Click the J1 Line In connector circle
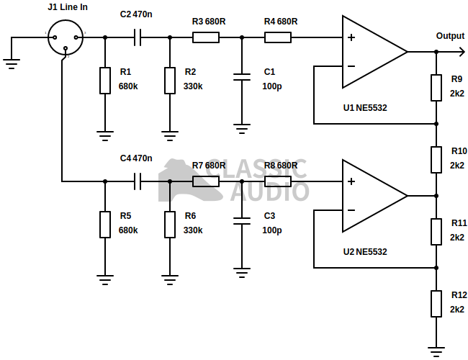(66, 36)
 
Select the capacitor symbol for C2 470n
(138, 37)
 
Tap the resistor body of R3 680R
(205, 37)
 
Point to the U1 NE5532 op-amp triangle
(371, 52)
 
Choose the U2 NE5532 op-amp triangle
(371, 196)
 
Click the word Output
(450, 36)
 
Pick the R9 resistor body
(436, 87)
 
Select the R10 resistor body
(436, 159)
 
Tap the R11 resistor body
(436, 231)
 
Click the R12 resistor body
(436, 303)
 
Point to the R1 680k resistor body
(105, 80)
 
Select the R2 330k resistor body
(170, 80)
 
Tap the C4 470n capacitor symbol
(138, 181)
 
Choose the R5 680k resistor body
(105, 224)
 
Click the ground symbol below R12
(436, 351)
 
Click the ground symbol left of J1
(12, 63)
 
